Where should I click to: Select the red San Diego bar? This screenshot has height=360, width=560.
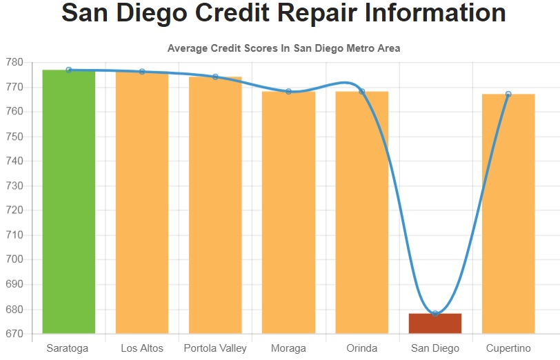[x=435, y=323]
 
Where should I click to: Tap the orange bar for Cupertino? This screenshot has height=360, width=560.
[x=508, y=214]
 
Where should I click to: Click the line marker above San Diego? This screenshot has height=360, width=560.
[x=435, y=314]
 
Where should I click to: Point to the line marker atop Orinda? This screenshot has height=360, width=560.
[x=362, y=92]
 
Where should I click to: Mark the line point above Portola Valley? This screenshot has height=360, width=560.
[x=215, y=77]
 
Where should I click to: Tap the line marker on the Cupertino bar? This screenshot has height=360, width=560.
[x=508, y=94]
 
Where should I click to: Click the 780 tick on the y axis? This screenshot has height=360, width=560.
[x=14, y=63]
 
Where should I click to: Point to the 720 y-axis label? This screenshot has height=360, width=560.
[x=14, y=210]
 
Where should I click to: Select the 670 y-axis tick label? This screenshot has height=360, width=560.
[x=14, y=334]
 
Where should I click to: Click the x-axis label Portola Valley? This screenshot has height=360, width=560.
[x=215, y=348]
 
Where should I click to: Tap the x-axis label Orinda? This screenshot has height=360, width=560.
[x=362, y=348]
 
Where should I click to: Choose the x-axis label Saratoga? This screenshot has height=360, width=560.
[x=68, y=348]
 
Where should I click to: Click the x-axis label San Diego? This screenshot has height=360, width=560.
[x=435, y=348]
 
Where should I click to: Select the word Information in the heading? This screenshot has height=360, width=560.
[x=435, y=12]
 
